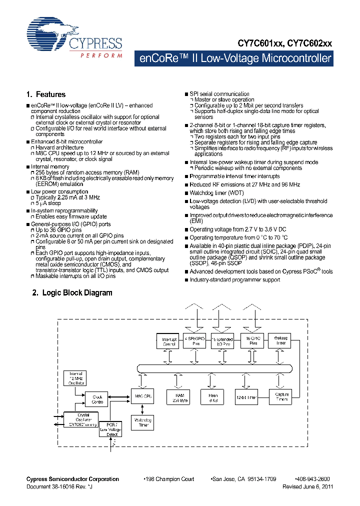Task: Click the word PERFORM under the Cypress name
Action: tap(101, 55)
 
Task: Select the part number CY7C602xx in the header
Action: tap(309, 44)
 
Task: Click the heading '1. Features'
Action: tap(45, 94)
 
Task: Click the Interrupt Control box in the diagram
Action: tap(169, 342)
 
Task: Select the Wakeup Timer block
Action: tap(281, 341)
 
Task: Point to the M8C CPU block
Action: tap(141, 397)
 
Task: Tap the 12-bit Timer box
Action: tap(246, 397)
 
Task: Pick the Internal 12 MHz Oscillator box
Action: tap(77, 379)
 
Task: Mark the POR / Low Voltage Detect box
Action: tap(110, 428)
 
